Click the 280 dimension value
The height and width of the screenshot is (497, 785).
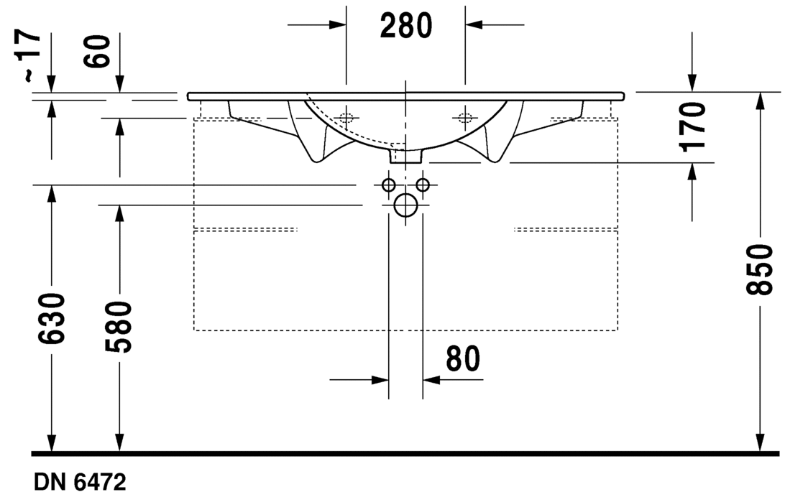(x=405, y=26)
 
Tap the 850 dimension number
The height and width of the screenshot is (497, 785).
(x=760, y=269)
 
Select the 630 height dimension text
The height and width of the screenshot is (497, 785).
(x=51, y=318)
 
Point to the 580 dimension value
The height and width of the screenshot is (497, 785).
(x=119, y=327)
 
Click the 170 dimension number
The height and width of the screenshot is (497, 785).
(x=692, y=127)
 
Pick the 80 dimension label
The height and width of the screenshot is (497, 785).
(x=463, y=358)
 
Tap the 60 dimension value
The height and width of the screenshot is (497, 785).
(x=96, y=52)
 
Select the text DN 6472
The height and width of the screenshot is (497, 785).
(x=80, y=483)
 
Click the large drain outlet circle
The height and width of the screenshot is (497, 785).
(x=405, y=205)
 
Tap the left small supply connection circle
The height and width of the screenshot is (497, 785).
(x=388, y=185)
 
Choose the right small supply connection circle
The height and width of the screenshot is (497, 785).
(x=423, y=185)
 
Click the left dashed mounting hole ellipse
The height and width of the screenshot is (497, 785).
(x=346, y=118)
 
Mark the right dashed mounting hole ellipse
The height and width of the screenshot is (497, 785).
(x=465, y=118)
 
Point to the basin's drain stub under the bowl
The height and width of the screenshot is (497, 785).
(x=406, y=156)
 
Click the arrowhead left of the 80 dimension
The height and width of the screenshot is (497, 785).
(x=380, y=380)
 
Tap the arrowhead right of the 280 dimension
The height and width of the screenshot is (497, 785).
(x=474, y=24)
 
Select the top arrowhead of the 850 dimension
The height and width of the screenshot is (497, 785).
(x=760, y=101)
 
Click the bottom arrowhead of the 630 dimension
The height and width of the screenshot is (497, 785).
(x=51, y=443)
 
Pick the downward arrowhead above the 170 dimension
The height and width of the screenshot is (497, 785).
(x=692, y=83)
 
